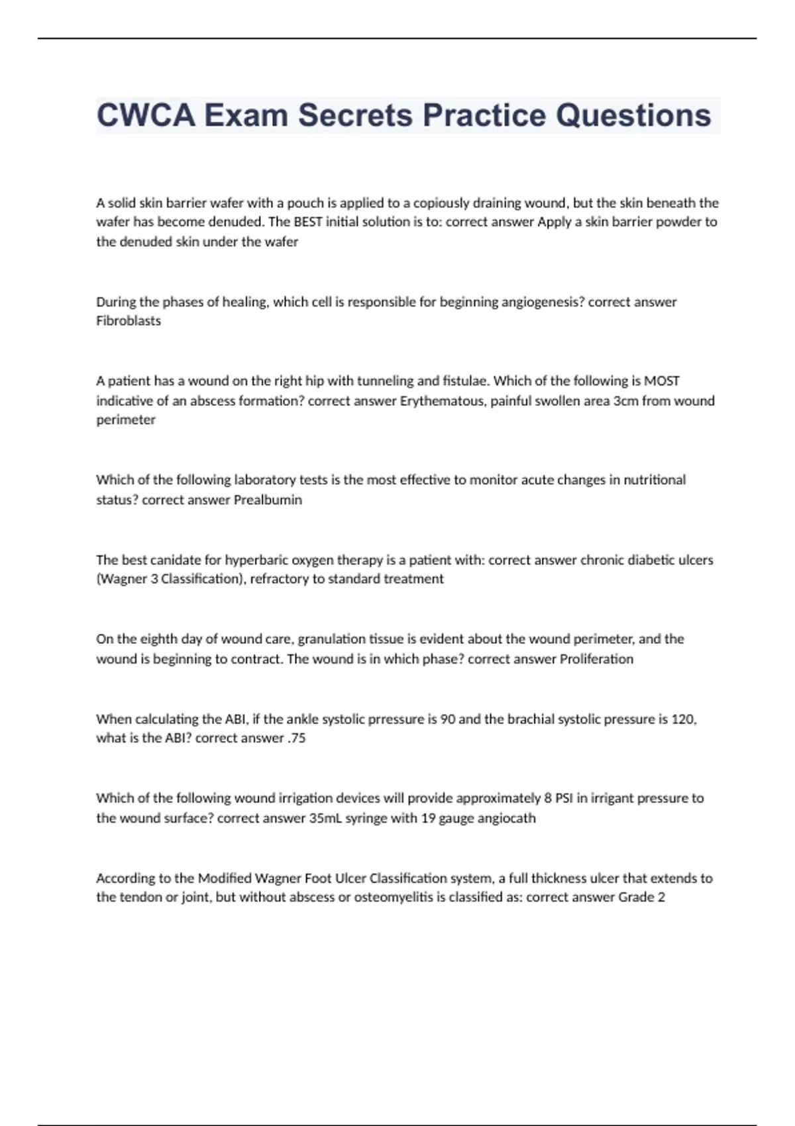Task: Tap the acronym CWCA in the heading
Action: click(x=146, y=115)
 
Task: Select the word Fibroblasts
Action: click(x=129, y=321)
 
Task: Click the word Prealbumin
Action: click(x=268, y=500)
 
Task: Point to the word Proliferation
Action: click(x=596, y=659)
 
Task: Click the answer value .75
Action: click(x=297, y=739)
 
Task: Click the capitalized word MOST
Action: click(x=662, y=381)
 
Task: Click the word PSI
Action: click(x=564, y=798)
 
